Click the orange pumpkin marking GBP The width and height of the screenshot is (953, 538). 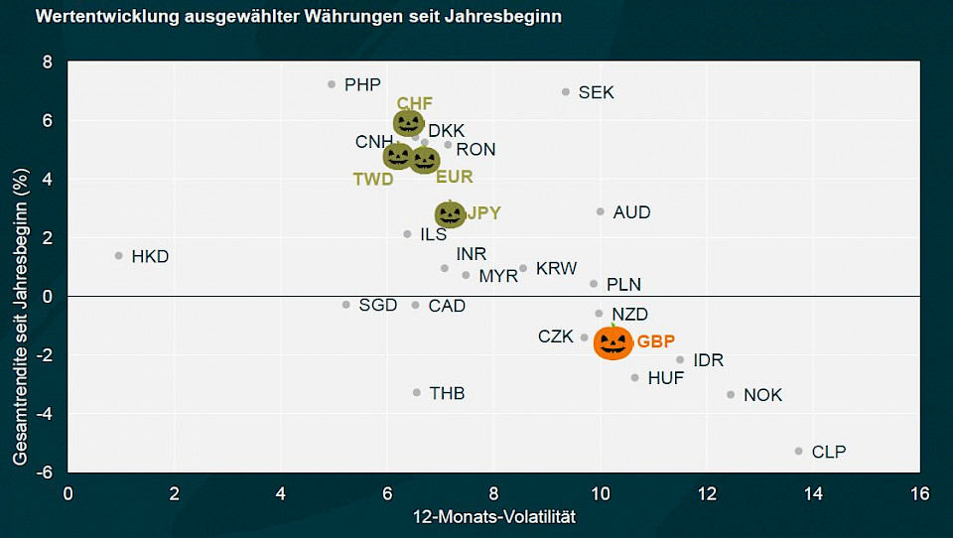pos(613,342)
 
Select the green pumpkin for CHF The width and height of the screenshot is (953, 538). pos(408,123)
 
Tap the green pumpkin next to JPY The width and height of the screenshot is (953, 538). pos(450,214)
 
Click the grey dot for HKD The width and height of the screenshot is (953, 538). pos(119,255)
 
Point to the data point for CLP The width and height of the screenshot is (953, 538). pos(798,451)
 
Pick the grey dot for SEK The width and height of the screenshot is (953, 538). pos(566,91)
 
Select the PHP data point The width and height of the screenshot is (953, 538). pos(332,84)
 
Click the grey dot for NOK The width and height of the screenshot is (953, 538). pos(731,394)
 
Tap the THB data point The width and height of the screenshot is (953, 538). pos(417,392)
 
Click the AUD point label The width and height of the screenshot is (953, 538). pos(631,212)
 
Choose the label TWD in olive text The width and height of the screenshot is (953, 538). pos(373,179)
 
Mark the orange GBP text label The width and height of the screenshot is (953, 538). pos(656,342)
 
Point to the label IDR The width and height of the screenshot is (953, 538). pos(708,360)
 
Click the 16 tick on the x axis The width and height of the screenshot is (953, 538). pos(919,493)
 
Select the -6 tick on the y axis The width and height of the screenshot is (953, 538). pos(44,472)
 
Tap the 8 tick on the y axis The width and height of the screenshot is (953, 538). pos(47,62)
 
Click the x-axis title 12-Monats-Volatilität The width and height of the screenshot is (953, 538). pos(493,517)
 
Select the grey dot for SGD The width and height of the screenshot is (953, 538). pos(346,305)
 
